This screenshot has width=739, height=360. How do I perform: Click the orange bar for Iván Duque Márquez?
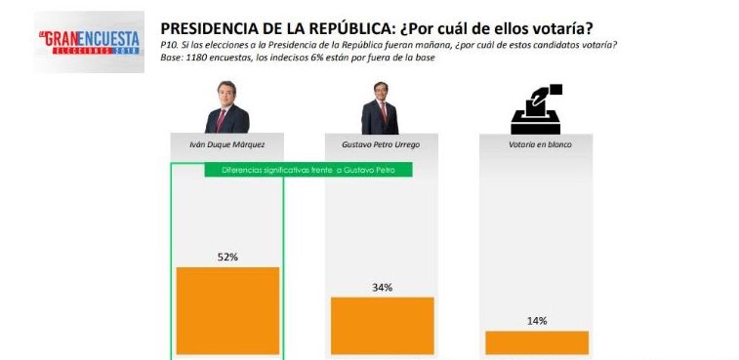coord(227,310)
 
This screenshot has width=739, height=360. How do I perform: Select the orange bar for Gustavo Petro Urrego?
coord(382,326)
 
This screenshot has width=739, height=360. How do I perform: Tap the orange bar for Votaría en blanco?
coord(536,342)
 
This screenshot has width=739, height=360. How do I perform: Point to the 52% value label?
coord(227,257)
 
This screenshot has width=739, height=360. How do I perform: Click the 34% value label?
coord(382,287)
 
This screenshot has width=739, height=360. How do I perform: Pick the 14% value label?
coord(536,320)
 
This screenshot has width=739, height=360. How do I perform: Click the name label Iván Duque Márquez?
coord(226,144)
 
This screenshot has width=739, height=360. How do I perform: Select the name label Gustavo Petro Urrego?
coord(382,144)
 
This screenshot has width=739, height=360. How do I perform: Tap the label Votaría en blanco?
coord(536,144)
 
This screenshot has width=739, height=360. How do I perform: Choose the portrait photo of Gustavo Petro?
coord(381,108)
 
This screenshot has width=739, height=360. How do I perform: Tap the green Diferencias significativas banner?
coord(308,170)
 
